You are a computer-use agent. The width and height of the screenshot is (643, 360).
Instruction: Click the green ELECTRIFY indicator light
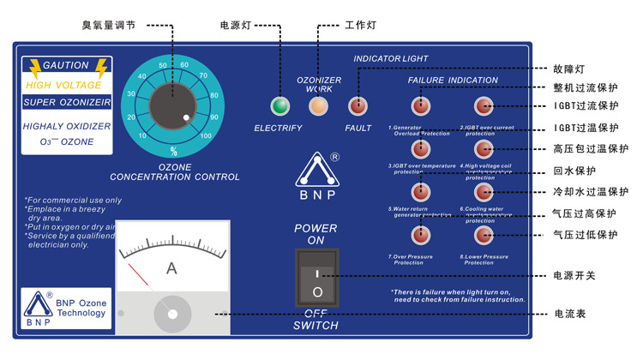coord(279,106)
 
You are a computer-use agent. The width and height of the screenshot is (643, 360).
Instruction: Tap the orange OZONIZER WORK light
coord(319,106)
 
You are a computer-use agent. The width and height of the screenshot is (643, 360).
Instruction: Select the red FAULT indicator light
coord(358,106)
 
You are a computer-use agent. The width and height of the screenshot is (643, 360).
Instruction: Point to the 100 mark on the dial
coord(206,136)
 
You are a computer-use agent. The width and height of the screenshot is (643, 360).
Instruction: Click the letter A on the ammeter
coord(171,268)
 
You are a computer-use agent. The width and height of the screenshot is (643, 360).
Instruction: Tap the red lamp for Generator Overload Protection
coord(420,105)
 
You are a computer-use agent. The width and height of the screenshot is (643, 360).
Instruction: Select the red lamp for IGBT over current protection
coord(484,105)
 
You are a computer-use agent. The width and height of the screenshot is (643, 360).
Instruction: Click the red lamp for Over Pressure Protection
coord(420,234)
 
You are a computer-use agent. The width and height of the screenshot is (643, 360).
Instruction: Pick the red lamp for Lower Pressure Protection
coord(484,234)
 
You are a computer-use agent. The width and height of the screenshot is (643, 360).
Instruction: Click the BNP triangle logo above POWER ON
coord(317,171)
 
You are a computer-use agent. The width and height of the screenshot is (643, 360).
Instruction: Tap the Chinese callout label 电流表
coord(569,315)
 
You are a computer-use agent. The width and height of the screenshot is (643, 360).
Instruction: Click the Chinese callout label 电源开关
coord(574,275)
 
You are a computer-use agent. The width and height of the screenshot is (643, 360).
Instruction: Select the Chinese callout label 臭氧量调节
coord(108,26)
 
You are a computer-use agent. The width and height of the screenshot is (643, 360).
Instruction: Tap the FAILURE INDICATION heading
coord(452,81)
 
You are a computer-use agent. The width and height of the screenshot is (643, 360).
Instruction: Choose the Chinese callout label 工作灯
coord(360,26)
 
